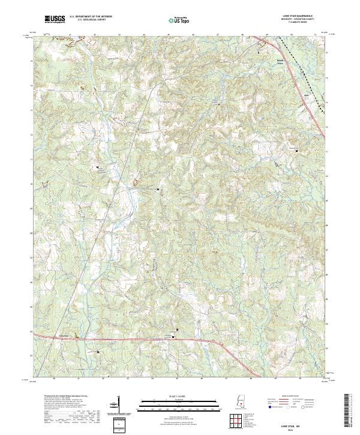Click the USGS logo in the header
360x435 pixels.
tap(55, 20)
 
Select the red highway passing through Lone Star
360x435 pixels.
tap(120, 340)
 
